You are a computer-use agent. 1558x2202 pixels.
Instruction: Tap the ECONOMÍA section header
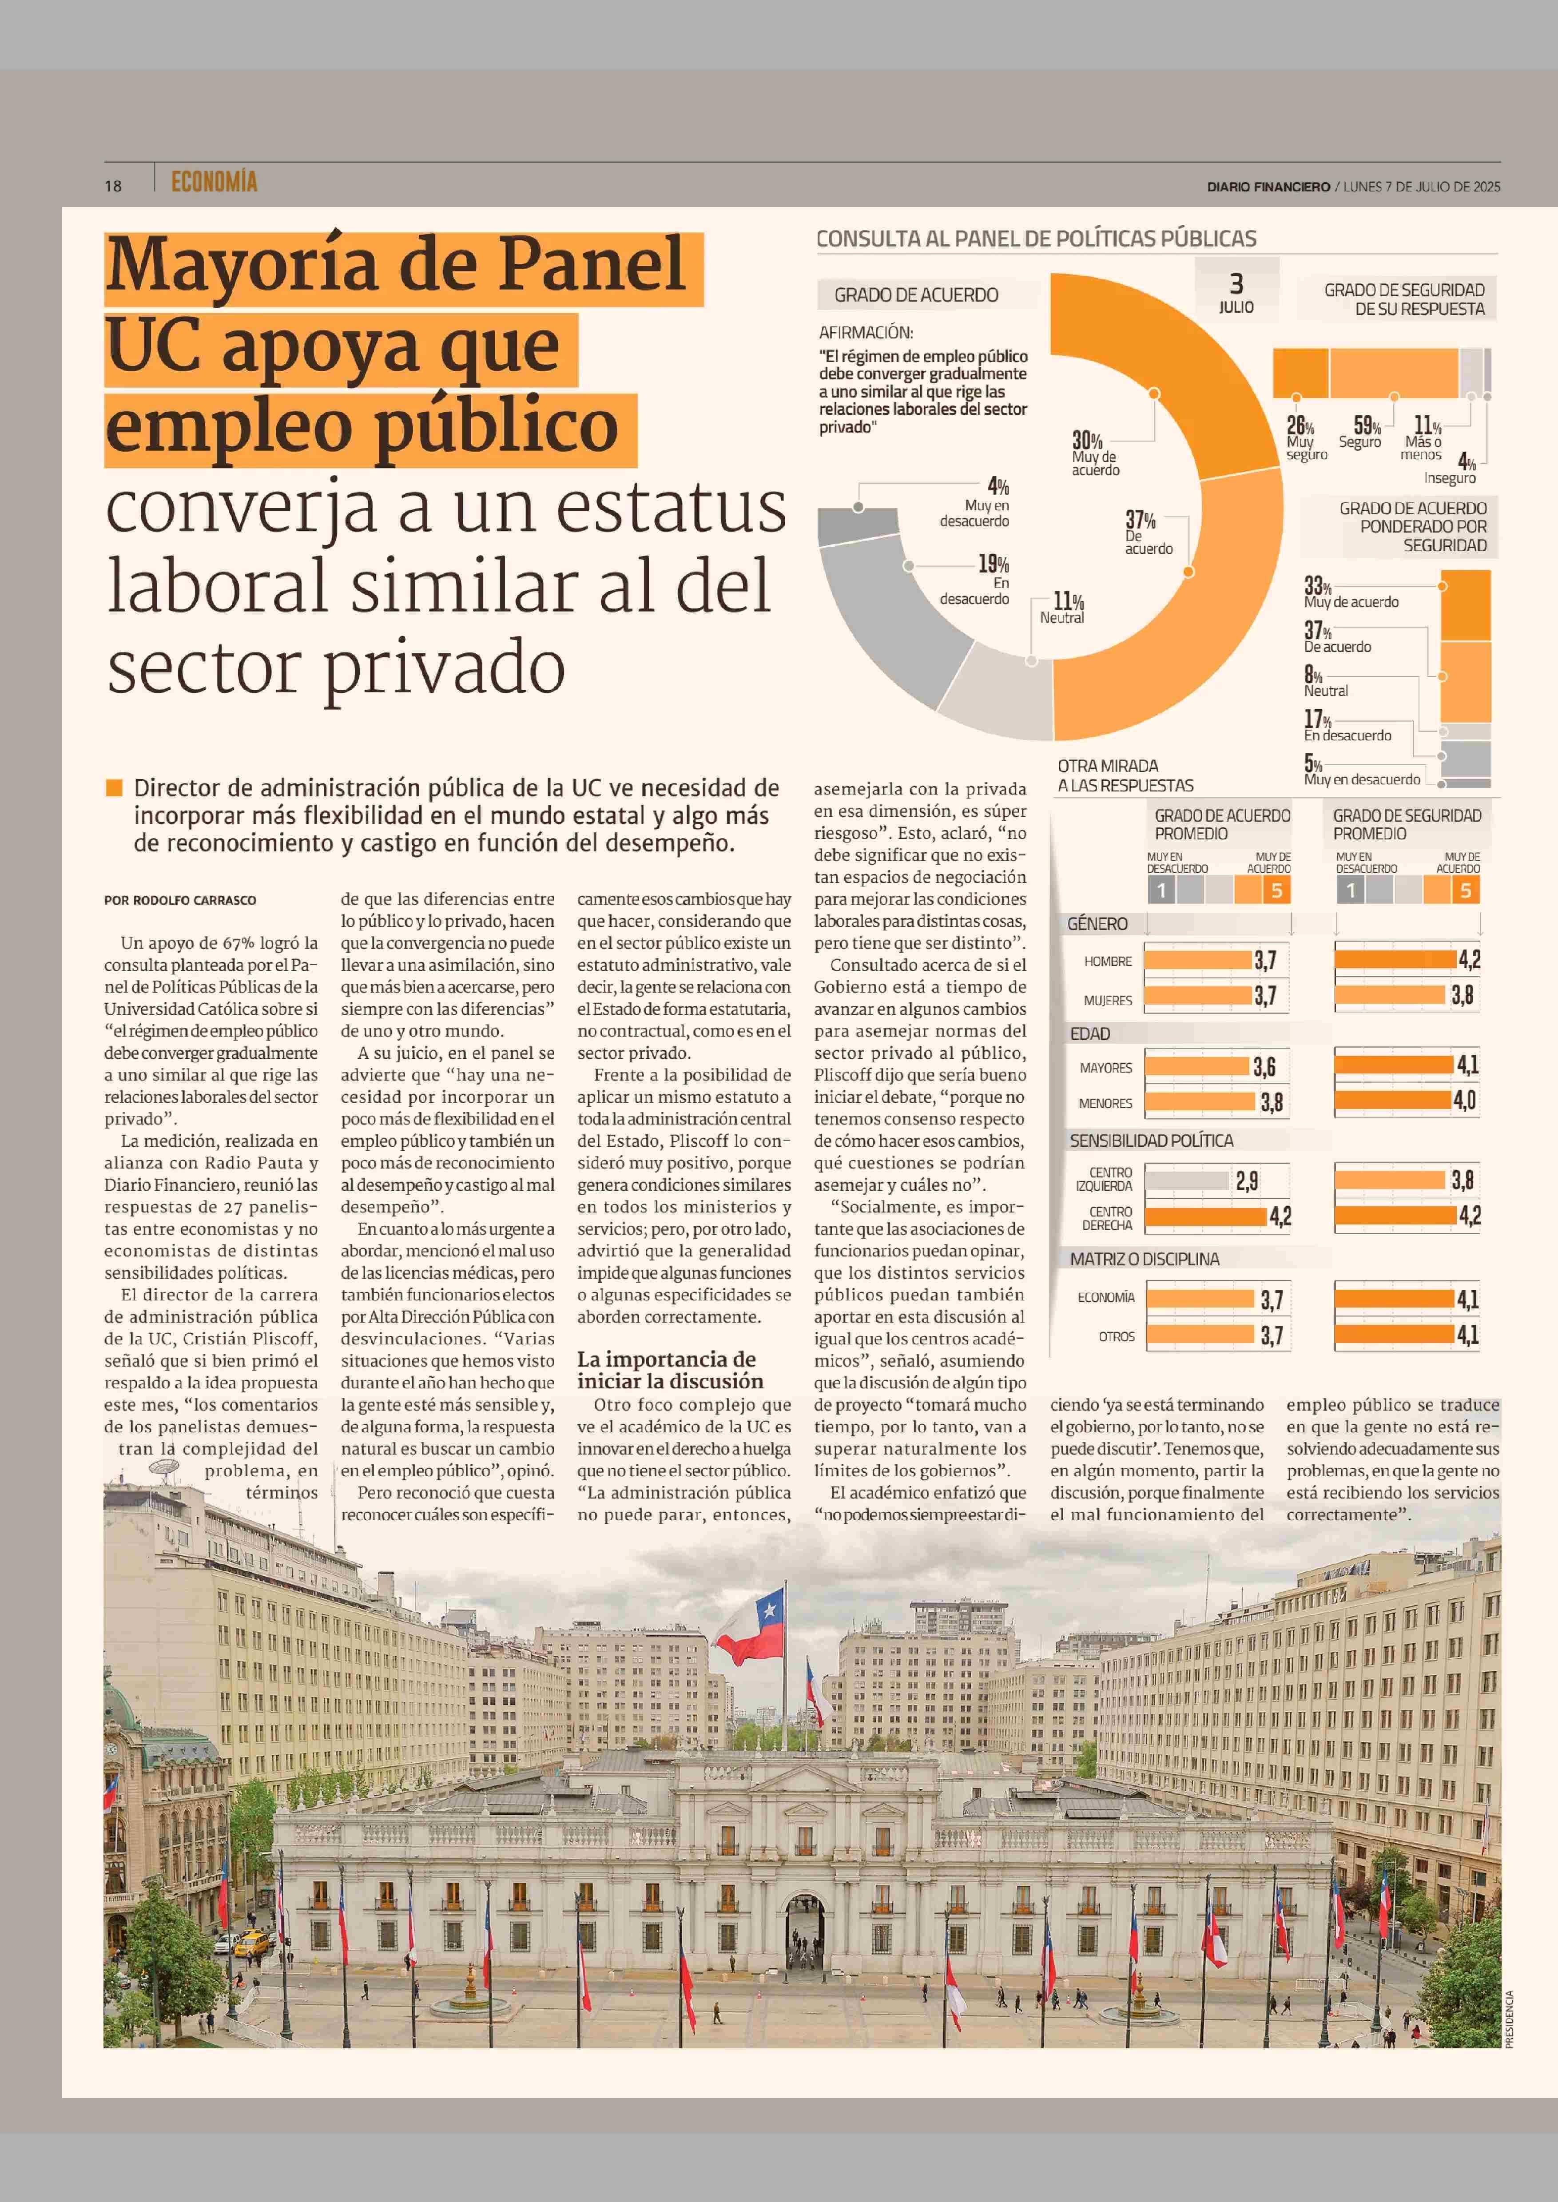coord(214,181)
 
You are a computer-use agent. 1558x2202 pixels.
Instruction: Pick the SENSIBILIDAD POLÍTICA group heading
coord(1151,1140)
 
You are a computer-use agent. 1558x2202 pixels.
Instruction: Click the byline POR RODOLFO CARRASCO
coord(180,900)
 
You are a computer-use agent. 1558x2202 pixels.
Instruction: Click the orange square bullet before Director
coord(113,788)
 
